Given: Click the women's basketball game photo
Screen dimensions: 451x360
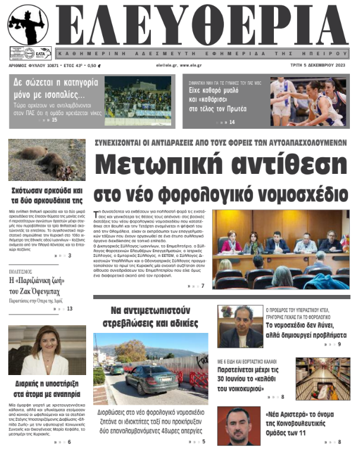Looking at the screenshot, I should pos(308,101).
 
